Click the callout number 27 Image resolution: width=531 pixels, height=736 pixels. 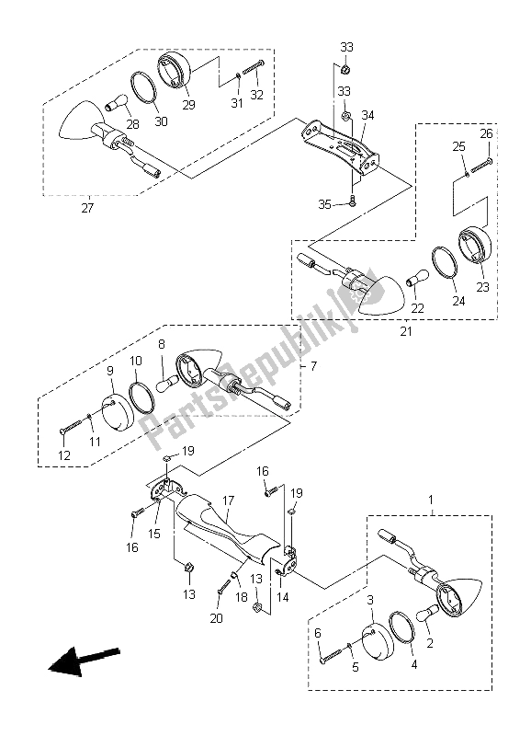[87, 208]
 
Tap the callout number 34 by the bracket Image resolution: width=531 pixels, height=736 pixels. [367, 114]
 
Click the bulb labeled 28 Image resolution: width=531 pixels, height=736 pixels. [115, 102]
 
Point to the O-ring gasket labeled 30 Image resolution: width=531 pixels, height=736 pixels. [147, 86]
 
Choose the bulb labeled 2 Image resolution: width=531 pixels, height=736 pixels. [428, 613]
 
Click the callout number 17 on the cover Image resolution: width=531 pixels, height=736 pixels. [228, 500]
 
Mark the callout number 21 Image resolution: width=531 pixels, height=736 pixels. [406, 331]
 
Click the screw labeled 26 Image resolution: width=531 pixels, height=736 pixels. [481, 166]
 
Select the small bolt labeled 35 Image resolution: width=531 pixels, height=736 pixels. [352, 202]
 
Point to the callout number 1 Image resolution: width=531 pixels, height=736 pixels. [432, 499]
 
